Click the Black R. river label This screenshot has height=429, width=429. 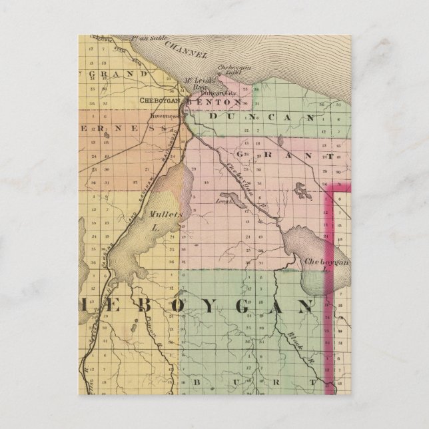[298, 343]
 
